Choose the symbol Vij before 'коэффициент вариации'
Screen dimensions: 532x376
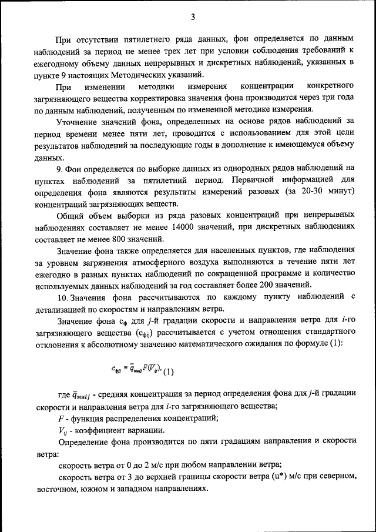point(63,430)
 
